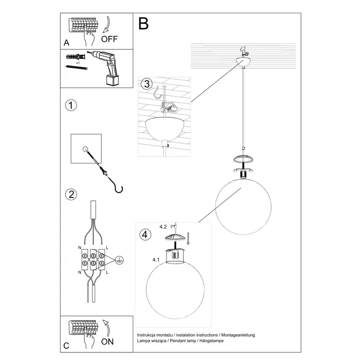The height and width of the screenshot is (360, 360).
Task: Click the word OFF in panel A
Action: pos(110,39)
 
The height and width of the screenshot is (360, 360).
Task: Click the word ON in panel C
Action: pos(107,342)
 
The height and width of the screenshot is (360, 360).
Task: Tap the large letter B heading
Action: pos(144,23)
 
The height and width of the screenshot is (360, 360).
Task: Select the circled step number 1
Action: pos(71,105)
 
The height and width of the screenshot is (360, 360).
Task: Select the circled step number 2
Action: pos(71,194)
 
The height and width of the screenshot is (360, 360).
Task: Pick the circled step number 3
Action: pos(147,84)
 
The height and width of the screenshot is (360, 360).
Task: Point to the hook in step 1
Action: pos(116,186)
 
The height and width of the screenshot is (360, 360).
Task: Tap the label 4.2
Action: pos(163,227)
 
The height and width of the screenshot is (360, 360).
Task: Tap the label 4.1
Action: pos(156,260)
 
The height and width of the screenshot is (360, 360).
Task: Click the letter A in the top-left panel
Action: pos(66,42)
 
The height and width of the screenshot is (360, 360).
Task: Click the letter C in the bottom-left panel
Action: pos(66,345)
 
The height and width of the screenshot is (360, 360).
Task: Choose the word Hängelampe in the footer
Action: pos(210,340)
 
